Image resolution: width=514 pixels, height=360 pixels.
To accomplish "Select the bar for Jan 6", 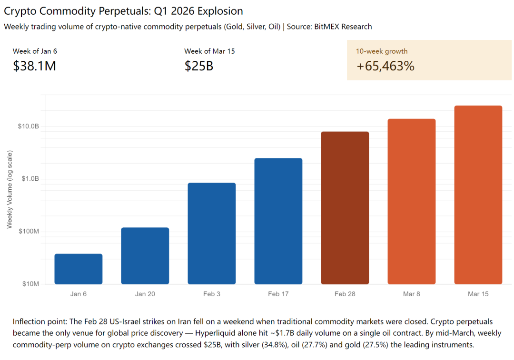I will click(79, 269).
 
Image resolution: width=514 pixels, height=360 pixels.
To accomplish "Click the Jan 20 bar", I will click(145, 256).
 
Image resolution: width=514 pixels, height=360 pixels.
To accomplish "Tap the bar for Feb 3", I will click(212, 234).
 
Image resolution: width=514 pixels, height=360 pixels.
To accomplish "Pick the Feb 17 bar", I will click(278, 221).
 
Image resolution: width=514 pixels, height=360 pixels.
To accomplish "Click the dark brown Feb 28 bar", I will click(345, 208).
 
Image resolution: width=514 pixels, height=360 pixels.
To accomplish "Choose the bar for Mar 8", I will click(412, 202).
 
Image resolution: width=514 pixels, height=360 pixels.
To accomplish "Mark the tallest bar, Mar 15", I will click(478, 195).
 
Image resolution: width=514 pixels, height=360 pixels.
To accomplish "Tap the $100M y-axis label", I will click(29, 232).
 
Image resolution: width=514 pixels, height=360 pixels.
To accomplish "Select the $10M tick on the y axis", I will click(30, 284).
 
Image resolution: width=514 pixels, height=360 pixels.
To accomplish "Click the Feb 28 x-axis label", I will click(345, 294).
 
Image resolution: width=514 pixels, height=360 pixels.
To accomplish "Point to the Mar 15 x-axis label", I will click(478, 294).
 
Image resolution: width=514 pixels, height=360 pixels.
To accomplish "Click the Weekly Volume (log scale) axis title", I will click(10, 189).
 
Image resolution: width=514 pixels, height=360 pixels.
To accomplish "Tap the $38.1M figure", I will click(35, 66).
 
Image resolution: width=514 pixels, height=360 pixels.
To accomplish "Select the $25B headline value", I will click(198, 66).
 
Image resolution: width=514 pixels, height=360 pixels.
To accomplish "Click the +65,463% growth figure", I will click(385, 66).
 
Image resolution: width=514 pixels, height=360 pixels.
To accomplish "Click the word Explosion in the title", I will click(219, 11).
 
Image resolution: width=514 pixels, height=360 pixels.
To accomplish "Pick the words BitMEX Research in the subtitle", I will click(343, 27).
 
